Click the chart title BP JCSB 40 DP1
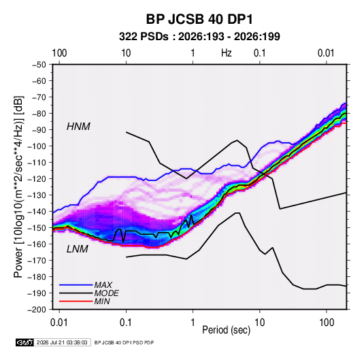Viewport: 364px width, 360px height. (x=199, y=19)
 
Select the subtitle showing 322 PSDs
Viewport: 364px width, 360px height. (x=199, y=37)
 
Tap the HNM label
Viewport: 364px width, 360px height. (x=78, y=127)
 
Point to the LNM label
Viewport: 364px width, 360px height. (x=78, y=249)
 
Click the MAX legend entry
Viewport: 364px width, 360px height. (x=103, y=284)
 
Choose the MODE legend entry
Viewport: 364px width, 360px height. (x=107, y=293)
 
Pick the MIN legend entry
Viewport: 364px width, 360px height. (x=102, y=301)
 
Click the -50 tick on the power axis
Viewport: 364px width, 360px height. (x=39, y=65)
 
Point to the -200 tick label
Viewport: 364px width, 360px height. (x=37, y=310)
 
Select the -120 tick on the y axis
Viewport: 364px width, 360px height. (x=37, y=179)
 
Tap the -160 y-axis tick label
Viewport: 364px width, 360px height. (x=37, y=244)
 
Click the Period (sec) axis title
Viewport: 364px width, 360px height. (x=227, y=330)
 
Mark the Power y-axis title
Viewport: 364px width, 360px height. (x=18, y=187)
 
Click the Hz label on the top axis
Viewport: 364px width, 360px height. (x=227, y=53)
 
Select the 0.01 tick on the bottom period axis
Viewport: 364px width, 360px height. (x=59, y=323)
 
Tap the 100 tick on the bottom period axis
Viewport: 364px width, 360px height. (x=327, y=323)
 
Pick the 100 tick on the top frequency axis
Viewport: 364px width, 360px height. (x=59, y=53)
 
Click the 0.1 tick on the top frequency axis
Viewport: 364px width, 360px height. (x=259, y=53)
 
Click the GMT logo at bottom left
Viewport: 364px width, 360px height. (x=24, y=342)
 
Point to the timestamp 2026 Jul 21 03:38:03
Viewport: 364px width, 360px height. (x=62, y=342)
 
